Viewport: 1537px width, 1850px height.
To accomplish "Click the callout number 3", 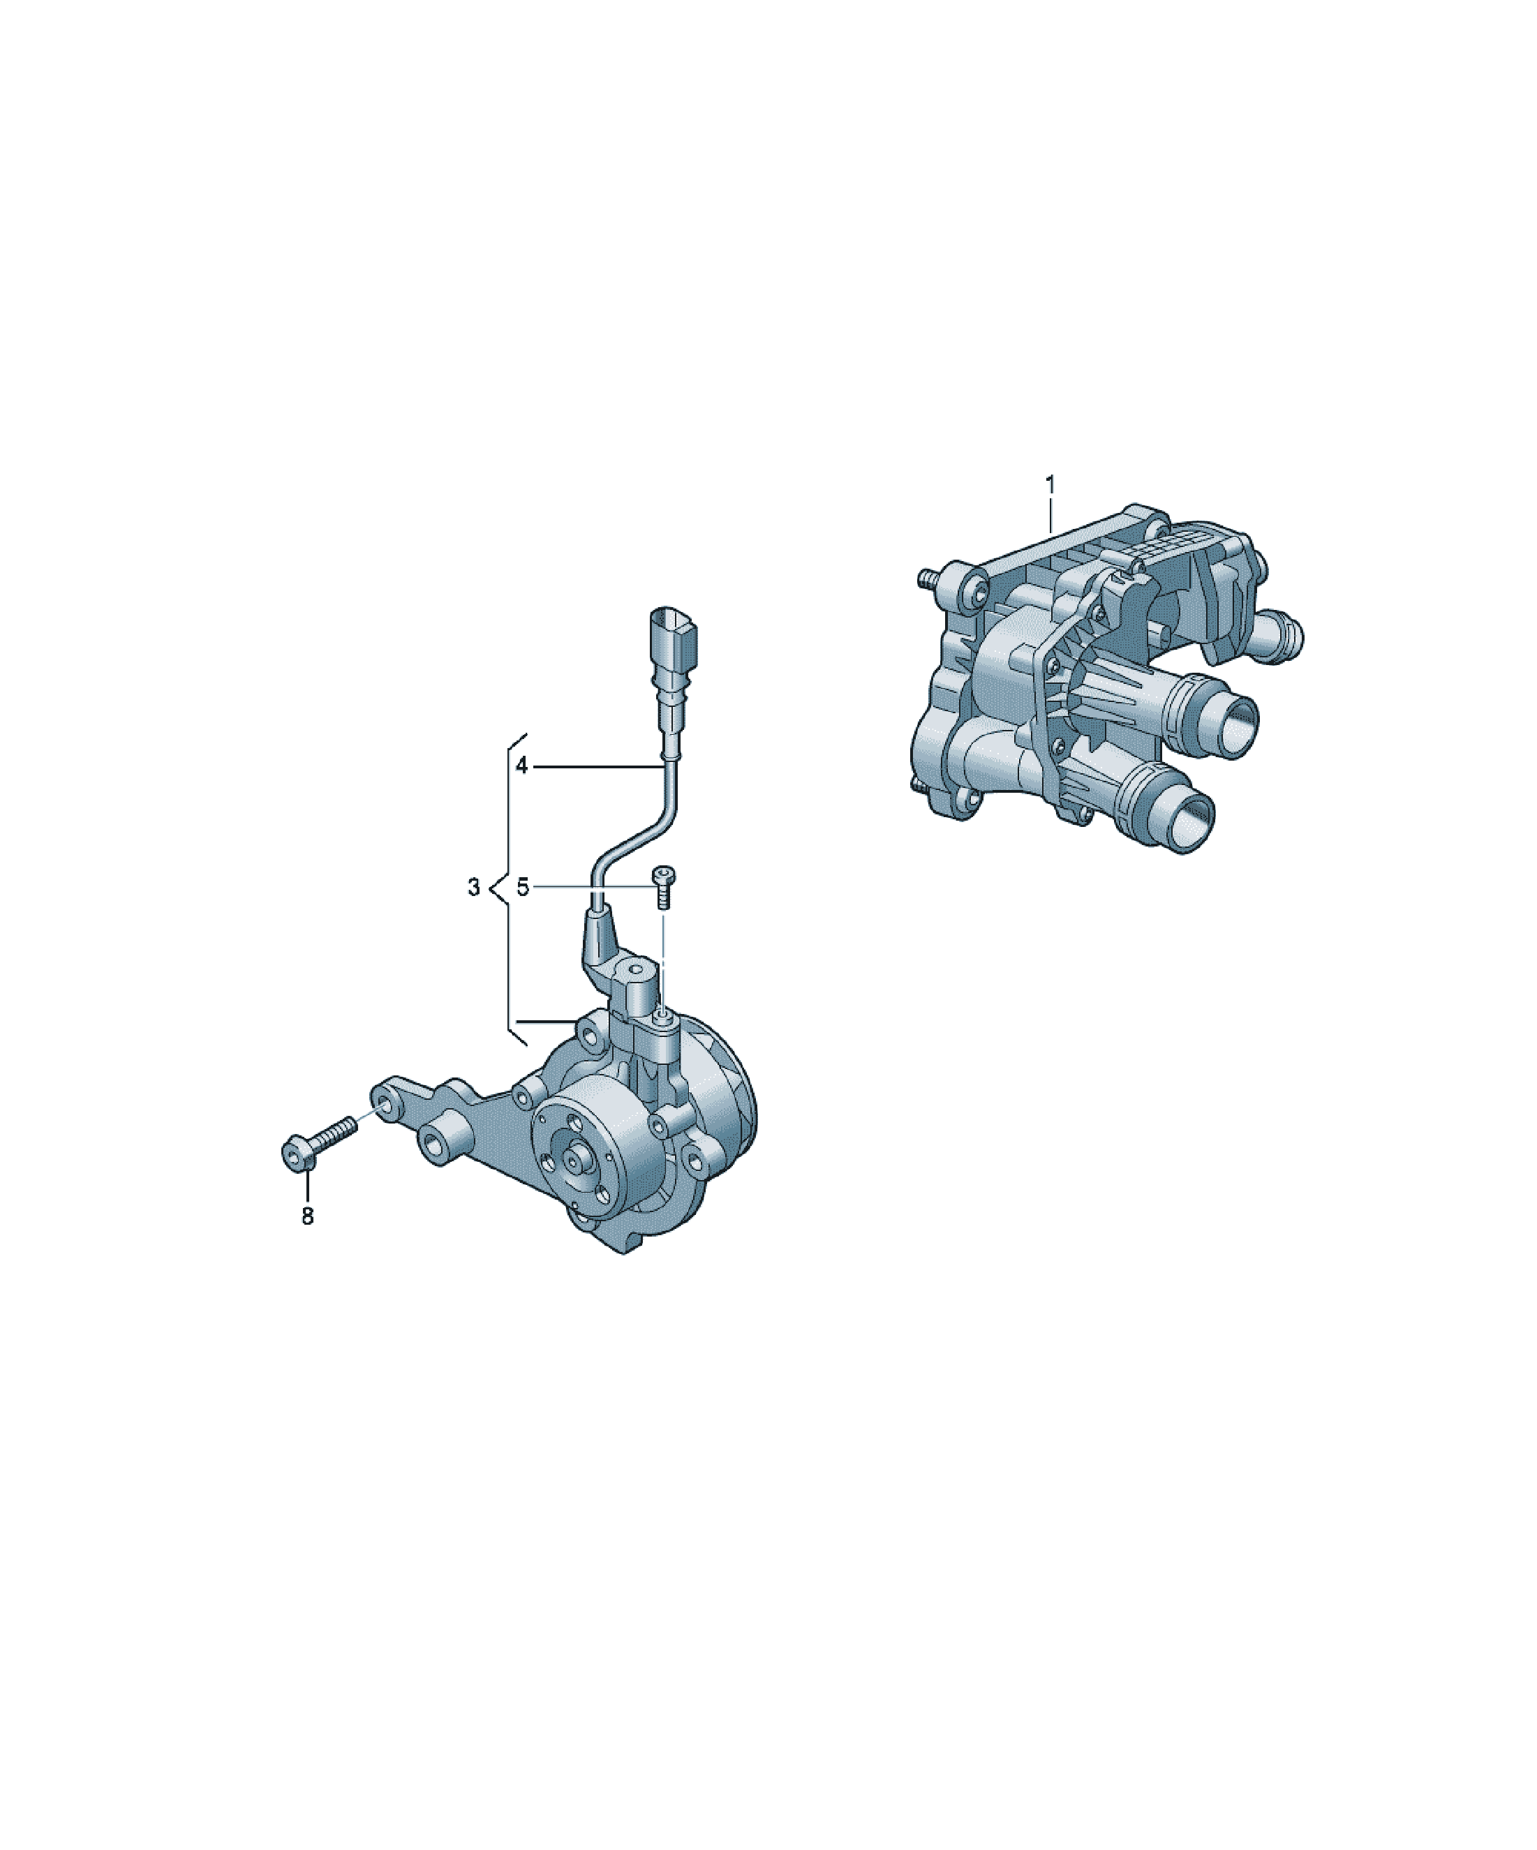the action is point(474,887).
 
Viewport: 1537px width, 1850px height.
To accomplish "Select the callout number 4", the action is point(521,766).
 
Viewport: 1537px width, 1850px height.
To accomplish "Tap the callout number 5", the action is point(523,887).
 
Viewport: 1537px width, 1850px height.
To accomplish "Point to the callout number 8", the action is point(308,1216).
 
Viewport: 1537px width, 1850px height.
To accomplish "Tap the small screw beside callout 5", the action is point(662,887).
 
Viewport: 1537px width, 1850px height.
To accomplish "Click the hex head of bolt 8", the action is point(297,1156).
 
